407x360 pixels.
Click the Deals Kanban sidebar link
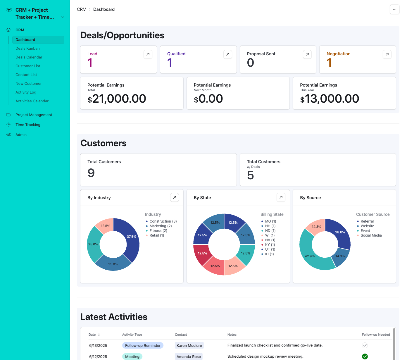(x=27, y=49)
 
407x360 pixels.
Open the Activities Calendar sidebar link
(x=32, y=101)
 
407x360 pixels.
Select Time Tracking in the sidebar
(x=28, y=125)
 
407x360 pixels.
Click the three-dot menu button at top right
(x=394, y=9)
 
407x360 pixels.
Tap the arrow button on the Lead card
(x=148, y=54)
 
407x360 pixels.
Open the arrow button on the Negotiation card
(x=387, y=54)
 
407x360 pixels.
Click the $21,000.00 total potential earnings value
(x=117, y=99)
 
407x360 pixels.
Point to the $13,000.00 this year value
(x=330, y=99)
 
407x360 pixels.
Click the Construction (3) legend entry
(x=163, y=221)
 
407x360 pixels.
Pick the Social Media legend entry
(x=371, y=235)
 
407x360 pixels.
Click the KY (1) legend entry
(x=270, y=245)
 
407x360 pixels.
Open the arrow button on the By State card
(x=281, y=197)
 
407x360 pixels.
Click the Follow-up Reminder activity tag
(x=143, y=345)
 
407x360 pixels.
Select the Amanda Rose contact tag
(x=189, y=356)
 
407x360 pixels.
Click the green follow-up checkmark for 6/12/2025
(x=365, y=356)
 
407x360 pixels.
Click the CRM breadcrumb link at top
(x=82, y=9)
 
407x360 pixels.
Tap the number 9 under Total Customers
(x=91, y=173)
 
